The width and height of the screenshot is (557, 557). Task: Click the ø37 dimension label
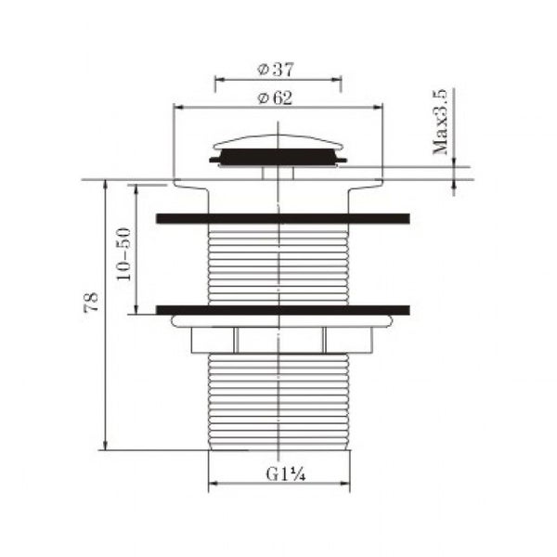pyautogui.click(x=278, y=71)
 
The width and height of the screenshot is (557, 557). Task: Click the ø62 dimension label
pyautogui.click(x=278, y=97)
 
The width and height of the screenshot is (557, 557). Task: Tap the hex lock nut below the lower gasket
pyautogui.click(x=278, y=341)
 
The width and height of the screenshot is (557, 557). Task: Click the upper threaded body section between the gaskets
pyautogui.click(x=278, y=265)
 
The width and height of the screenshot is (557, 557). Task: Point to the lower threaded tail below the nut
pyautogui.click(x=278, y=399)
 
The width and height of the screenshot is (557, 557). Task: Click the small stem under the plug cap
pyautogui.click(x=278, y=171)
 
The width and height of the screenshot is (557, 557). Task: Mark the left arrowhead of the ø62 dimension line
pyautogui.click(x=178, y=107)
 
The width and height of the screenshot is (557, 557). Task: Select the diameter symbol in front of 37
pyautogui.click(x=263, y=71)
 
